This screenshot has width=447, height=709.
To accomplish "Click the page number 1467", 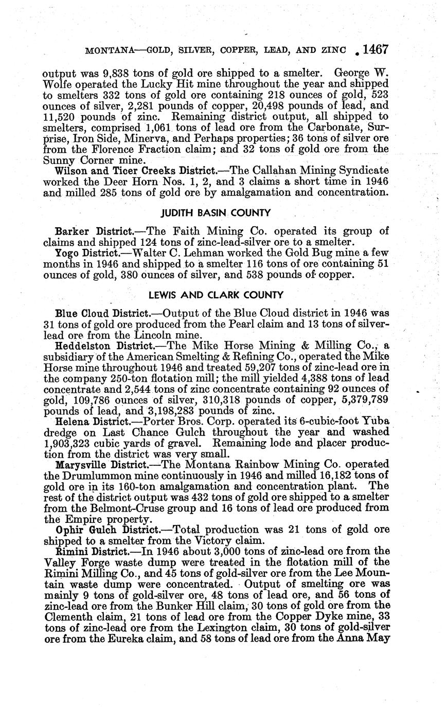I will click(374, 50).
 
